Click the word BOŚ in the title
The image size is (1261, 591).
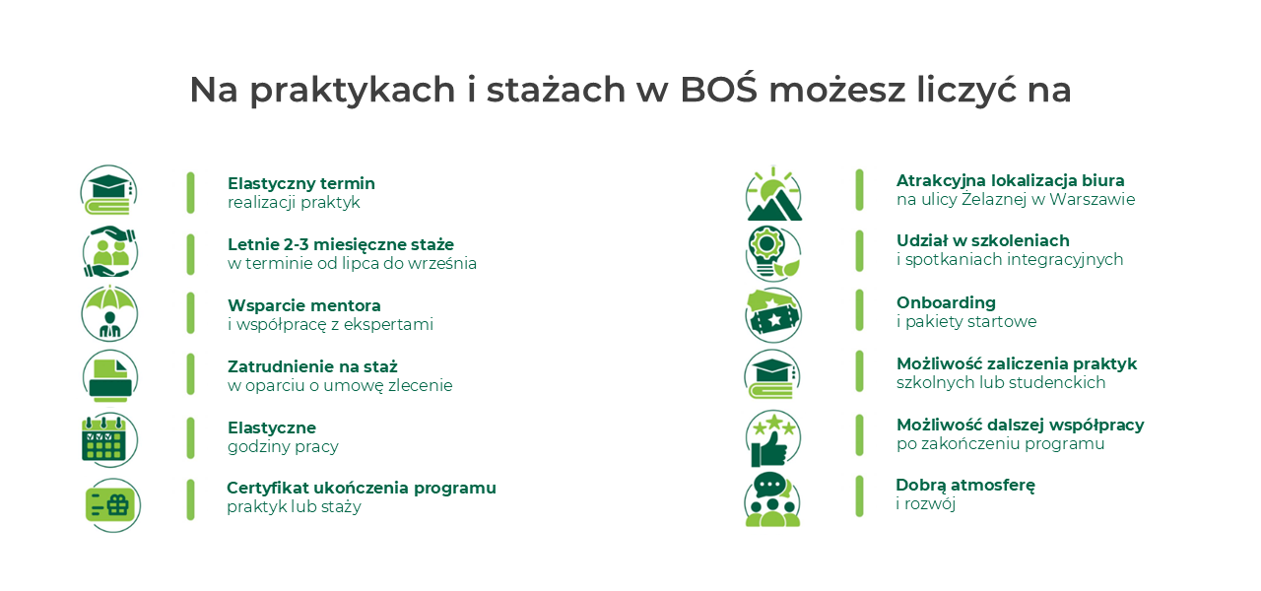click(x=719, y=89)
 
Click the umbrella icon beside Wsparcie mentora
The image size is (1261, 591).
click(x=109, y=313)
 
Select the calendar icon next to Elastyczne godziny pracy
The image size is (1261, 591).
click(x=109, y=439)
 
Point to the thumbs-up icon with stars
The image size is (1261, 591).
click(x=773, y=438)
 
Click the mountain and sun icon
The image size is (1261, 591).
click(x=773, y=193)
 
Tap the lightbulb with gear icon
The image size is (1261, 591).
click(x=773, y=253)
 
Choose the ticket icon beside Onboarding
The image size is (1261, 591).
click(x=773, y=315)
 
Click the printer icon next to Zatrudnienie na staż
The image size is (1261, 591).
click(x=109, y=376)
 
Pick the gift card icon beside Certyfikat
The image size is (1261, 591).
click(x=112, y=505)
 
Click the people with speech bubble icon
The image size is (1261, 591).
click(x=772, y=499)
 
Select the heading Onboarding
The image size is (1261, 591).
click(x=946, y=302)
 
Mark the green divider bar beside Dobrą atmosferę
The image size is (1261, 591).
click(x=859, y=495)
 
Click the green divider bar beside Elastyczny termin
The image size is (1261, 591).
click(x=190, y=192)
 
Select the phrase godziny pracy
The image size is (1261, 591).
click(x=283, y=447)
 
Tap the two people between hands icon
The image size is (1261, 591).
click(x=109, y=251)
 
